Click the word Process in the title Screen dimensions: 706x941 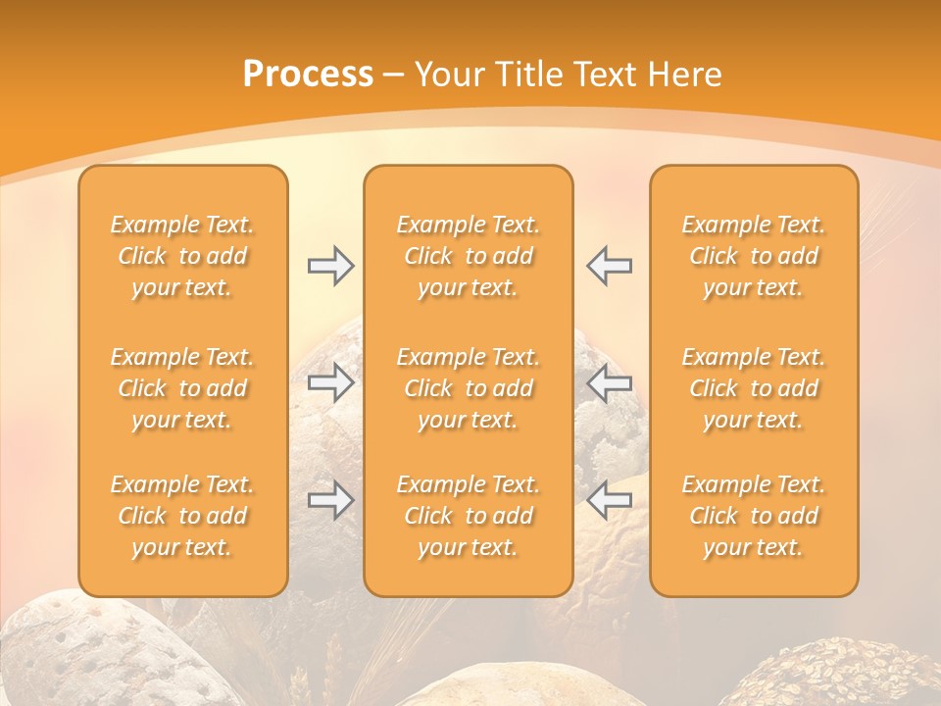(x=308, y=75)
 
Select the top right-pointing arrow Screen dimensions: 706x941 (x=331, y=266)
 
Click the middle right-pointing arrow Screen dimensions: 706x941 (x=331, y=382)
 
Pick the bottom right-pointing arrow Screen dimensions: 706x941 (x=331, y=500)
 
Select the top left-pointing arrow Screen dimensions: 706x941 (x=609, y=266)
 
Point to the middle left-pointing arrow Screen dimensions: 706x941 (x=609, y=382)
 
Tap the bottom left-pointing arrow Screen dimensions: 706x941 (x=609, y=500)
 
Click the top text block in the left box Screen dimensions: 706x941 (x=182, y=256)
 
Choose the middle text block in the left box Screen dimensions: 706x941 (x=182, y=388)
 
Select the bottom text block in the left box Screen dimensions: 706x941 (x=182, y=516)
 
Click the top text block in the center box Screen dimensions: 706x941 (x=469, y=256)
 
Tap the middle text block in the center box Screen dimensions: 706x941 (x=469, y=388)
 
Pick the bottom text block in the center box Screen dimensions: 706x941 (x=469, y=516)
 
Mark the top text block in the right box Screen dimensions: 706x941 (x=754, y=256)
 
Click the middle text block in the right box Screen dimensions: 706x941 (x=754, y=388)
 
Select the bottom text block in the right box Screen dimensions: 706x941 (x=754, y=516)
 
